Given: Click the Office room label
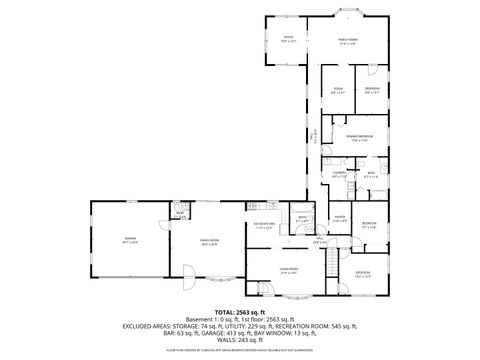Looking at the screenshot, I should [x=288, y=39].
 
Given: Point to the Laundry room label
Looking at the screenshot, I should [x=339, y=176].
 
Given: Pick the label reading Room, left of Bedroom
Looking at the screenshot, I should [x=339, y=91].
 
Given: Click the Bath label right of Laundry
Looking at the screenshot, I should [x=370, y=175].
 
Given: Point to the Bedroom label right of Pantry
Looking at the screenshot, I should [x=369, y=225].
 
